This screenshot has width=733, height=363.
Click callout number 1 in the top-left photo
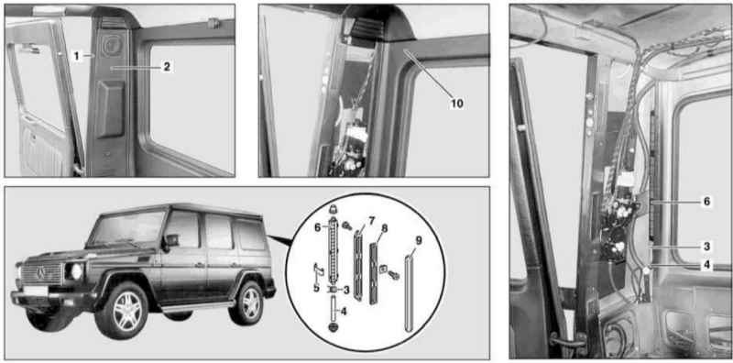tap(76, 56)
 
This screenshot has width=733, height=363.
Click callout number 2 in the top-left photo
tap(166, 67)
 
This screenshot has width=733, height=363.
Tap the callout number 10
tap(456, 104)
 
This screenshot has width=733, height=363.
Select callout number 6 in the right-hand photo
tap(706, 202)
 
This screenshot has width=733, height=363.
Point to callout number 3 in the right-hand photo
tap(706, 246)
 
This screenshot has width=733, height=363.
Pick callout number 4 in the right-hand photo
tap(706, 265)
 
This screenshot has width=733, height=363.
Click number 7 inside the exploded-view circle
tap(371, 220)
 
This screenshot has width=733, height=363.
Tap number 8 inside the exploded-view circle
tap(384, 229)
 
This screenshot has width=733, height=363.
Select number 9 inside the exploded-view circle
tap(419, 240)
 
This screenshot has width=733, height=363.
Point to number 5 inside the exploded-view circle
tap(316, 288)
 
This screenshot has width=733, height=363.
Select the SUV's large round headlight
tap(75, 271)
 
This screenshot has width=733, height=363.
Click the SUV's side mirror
tap(171, 240)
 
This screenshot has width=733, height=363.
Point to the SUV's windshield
tap(127, 229)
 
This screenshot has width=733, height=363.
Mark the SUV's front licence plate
tap(36, 290)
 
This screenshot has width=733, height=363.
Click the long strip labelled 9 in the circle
tap(409, 291)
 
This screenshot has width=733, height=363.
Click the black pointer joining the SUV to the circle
tap(280, 240)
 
